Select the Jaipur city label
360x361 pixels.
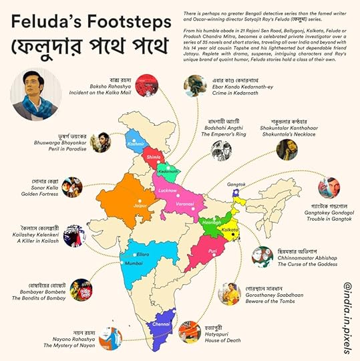(141, 206)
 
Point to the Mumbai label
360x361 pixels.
(134, 264)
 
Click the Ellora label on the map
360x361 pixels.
(144, 254)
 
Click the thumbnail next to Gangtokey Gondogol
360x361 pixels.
(329, 188)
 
